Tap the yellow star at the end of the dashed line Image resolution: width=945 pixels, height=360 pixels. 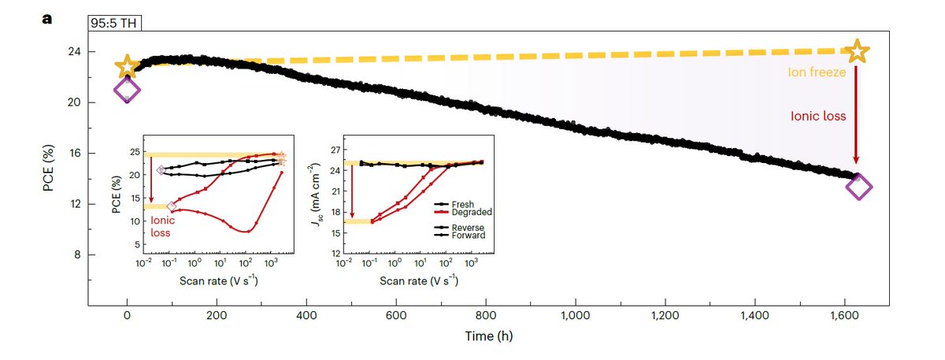tap(858, 52)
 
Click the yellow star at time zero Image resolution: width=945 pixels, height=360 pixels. tap(126, 67)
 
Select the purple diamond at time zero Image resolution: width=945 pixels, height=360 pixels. tap(127, 90)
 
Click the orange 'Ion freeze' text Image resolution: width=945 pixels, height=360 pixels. tap(817, 72)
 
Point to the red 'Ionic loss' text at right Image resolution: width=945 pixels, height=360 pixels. tap(817, 116)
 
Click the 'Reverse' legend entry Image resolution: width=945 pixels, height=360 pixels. tap(465, 226)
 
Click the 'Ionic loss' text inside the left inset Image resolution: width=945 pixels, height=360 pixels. tap(163, 227)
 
